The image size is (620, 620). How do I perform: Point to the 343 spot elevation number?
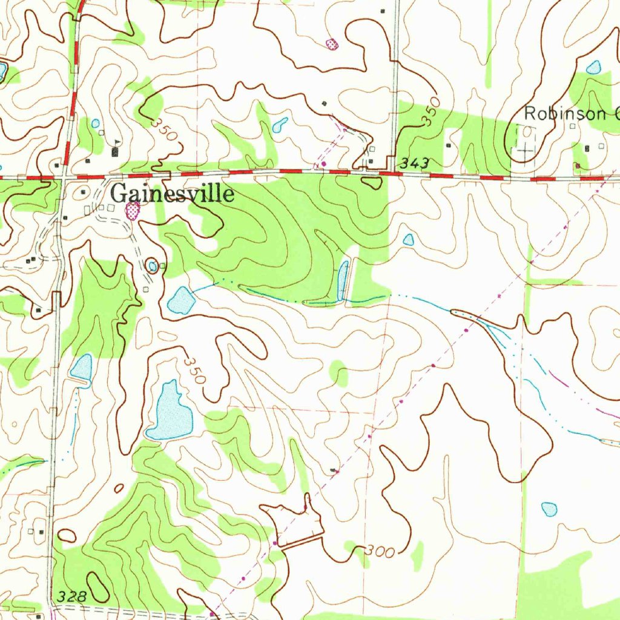415,163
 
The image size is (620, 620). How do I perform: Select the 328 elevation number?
72,596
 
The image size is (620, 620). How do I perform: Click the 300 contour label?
380,552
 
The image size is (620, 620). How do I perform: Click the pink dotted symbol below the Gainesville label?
132,211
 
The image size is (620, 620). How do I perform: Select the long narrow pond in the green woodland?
343,280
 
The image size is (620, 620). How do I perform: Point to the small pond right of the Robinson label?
593,67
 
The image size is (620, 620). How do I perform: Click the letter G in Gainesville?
119,194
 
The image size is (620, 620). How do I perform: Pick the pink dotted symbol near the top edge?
331,44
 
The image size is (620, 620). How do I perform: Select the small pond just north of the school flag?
95,123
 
